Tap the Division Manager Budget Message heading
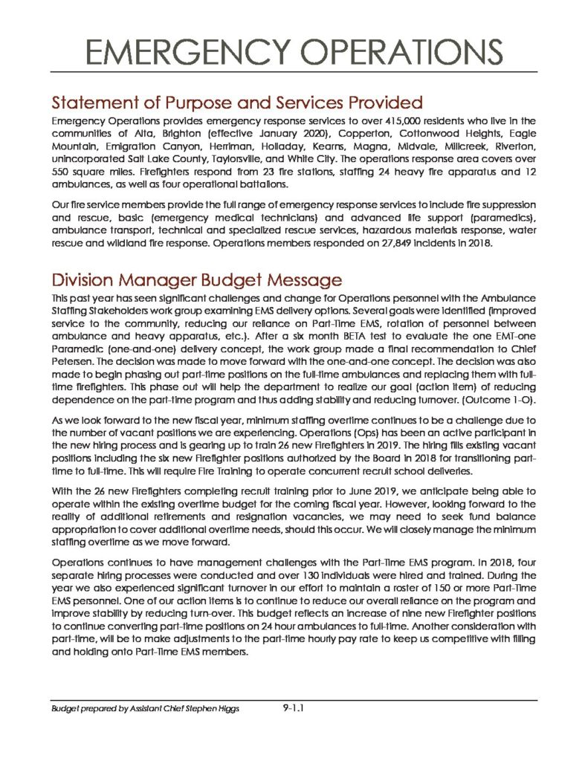point(196,280)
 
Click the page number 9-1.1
point(294,709)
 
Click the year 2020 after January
point(254,132)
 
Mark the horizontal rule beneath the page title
point(294,73)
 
